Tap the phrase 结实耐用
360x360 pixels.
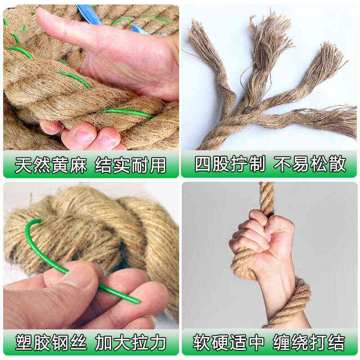[x=130, y=165]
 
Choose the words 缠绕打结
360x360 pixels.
[x=309, y=342]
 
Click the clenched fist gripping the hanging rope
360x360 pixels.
[x=261, y=234]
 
